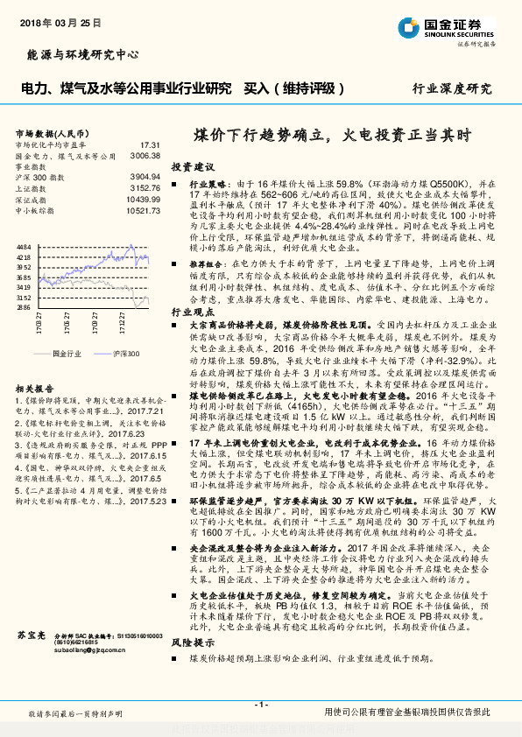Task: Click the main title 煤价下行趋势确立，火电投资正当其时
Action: (332, 136)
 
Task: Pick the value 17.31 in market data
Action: (149, 144)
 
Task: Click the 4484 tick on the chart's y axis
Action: (24, 248)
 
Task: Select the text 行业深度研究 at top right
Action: (452, 89)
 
